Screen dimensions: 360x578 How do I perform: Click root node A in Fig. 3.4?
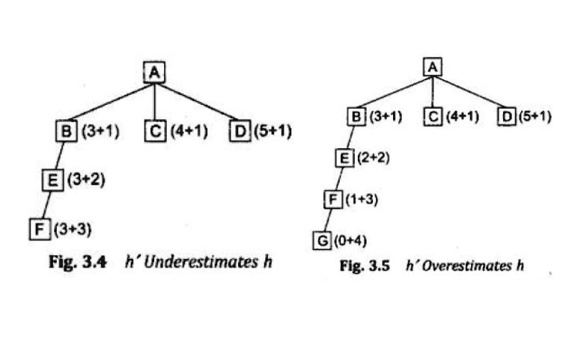click(x=153, y=72)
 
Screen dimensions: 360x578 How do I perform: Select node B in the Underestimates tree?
click(x=66, y=132)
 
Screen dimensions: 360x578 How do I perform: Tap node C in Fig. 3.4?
click(x=154, y=132)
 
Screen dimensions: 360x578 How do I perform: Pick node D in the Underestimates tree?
click(x=239, y=132)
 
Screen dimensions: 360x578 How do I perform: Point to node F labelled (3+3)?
click(x=37, y=227)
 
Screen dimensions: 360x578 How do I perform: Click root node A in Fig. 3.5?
click(x=433, y=67)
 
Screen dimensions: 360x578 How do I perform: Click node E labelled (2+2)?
click(x=342, y=159)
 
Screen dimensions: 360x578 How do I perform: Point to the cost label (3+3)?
click(x=66, y=228)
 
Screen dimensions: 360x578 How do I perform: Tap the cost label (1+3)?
click(x=355, y=199)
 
